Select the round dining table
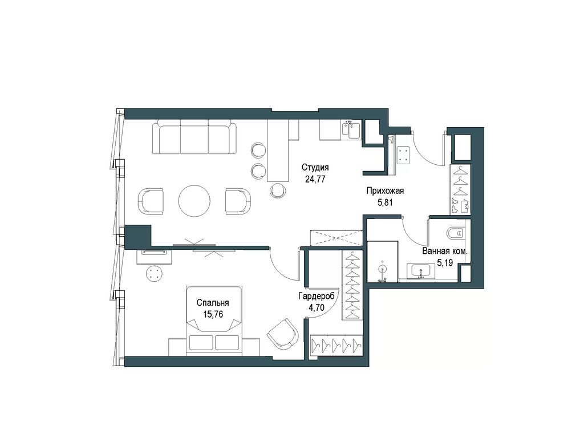click(x=194, y=201)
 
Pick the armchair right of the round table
click(x=237, y=201)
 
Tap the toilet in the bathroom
click(x=457, y=233)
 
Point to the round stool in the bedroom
click(x=155, y=274)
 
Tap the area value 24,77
click(x=315, y=178)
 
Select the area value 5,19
click(x=445, y=262)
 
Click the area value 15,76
click(x=213, y=314)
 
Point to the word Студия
click(x=315, y=168)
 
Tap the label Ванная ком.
click(x=445, y=252)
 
